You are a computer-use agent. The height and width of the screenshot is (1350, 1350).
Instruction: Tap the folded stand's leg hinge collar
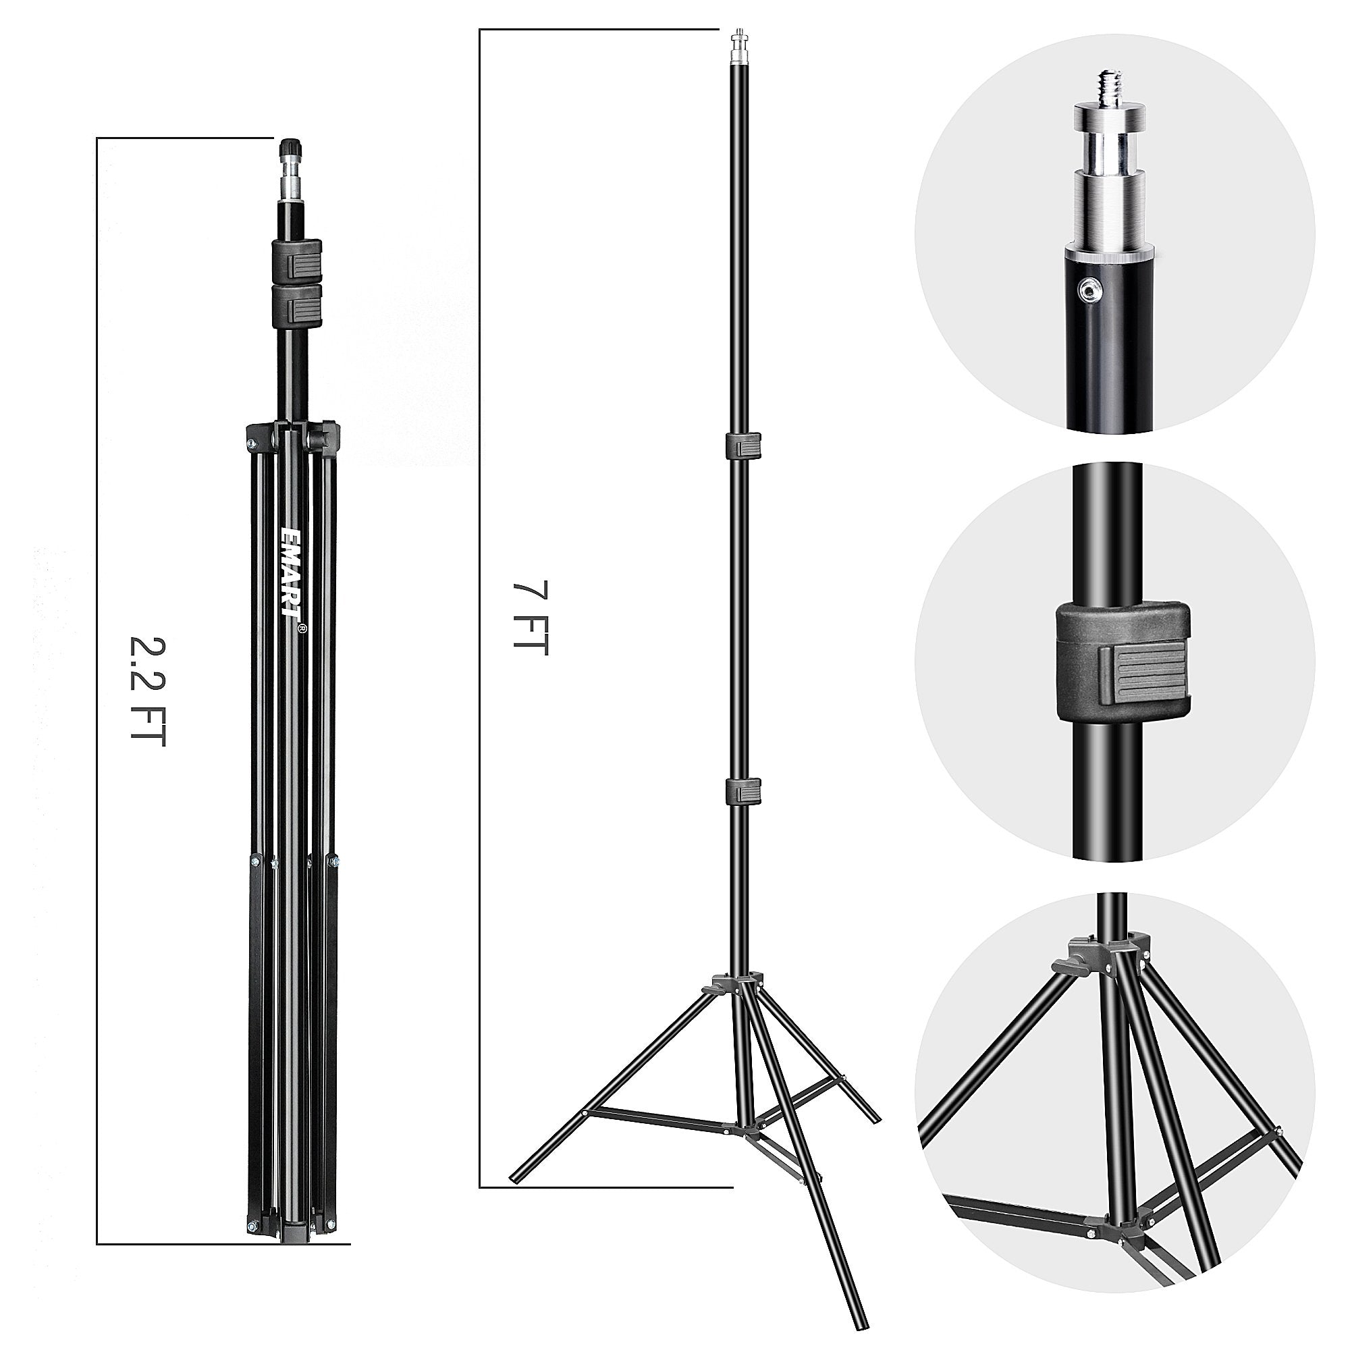293,436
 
